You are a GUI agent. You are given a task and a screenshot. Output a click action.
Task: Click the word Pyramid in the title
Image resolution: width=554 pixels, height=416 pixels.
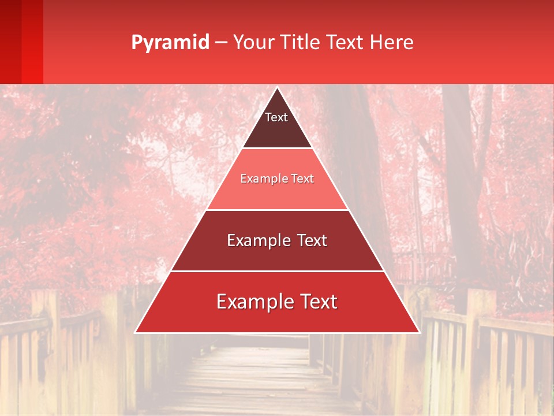point(170,43)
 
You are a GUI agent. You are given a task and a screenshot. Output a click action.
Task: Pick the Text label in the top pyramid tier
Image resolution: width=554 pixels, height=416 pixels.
point(276,117)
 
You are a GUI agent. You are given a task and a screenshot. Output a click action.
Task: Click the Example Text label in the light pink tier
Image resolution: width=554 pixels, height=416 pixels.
point(277,179)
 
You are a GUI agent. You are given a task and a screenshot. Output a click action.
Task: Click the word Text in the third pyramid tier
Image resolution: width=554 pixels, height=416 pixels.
point(311,240)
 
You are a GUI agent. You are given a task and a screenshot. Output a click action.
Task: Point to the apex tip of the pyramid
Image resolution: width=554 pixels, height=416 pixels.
point(277,88)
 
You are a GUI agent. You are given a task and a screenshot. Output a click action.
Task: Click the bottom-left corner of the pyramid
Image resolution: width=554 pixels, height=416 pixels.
point(136,332)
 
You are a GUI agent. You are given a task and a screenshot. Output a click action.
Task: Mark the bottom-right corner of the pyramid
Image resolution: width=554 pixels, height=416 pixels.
point(418,332)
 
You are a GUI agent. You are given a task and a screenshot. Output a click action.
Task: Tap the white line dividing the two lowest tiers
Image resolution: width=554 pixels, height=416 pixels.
point(277,271)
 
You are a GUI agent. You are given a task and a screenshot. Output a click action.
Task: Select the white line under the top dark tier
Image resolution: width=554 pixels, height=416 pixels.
point(277,148)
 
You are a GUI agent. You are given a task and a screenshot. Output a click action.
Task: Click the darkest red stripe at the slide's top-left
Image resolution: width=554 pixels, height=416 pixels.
point(10,40)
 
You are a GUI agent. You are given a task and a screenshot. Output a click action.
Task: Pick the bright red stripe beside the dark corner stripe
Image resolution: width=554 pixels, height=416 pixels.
point(32,40)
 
